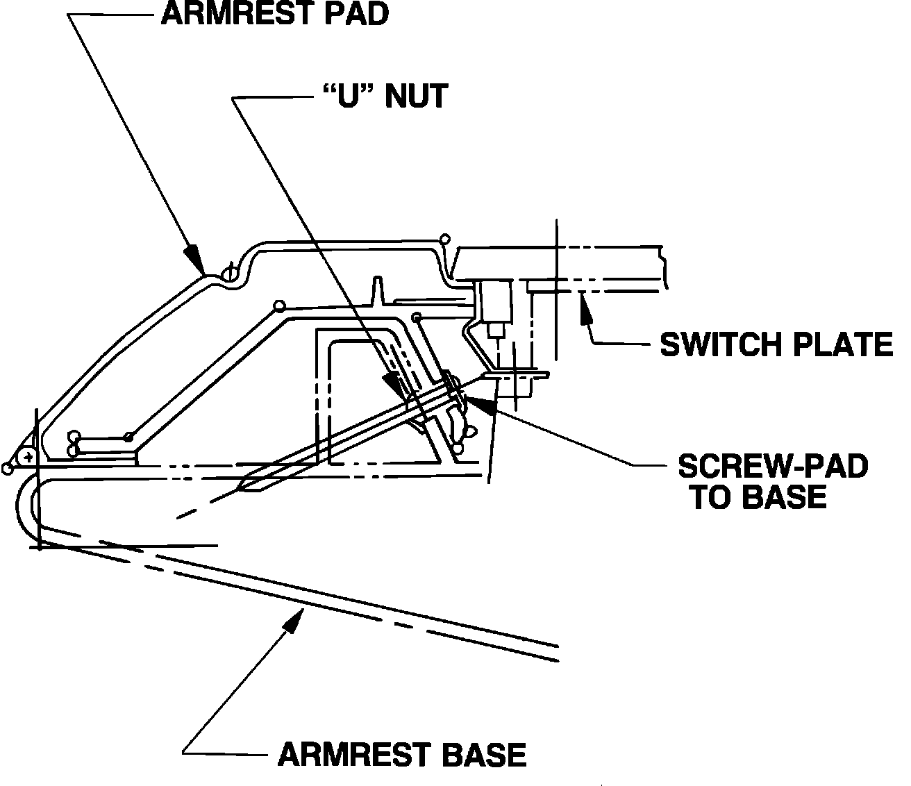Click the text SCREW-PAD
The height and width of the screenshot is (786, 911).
pyautogui.click(x=772, y=467)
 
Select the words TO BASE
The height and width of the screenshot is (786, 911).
pyautogui.click(x=758, y=497)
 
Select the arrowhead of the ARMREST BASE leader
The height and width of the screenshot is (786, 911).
pyautogui.click(x=294, y=620)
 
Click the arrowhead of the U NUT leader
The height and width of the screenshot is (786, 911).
pyautogui.click(x=394, y=383)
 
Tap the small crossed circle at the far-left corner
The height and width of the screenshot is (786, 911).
pyautogui.click(x=26, y=457)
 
